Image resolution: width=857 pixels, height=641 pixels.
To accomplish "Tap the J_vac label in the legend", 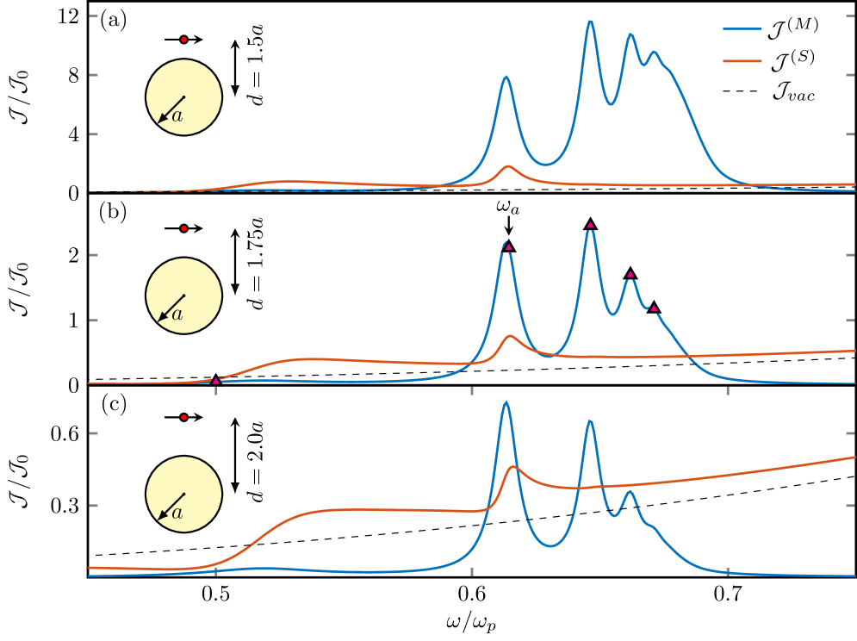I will pos(792,91).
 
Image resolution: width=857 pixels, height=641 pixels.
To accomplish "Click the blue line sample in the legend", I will pos(742,28).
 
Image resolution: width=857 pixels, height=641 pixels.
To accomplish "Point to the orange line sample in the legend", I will pos(742,60).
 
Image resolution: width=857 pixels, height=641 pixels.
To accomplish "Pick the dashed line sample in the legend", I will pos(742,91).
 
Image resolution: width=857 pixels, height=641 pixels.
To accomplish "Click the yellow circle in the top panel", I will pos(183,96).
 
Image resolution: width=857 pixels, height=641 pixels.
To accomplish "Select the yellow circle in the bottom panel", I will pos(183,494).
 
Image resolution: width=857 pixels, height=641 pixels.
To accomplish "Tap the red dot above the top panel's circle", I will pos(183,40).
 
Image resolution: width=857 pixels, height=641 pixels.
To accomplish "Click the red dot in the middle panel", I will pos(183,228).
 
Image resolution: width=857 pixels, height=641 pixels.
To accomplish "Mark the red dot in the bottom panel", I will pos(183,417).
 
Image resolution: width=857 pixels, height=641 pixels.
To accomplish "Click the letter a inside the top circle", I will pos(177,116).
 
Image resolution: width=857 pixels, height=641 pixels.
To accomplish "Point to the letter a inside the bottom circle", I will pos(177,513).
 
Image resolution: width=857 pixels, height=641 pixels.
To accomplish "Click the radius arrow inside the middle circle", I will pos(171,308).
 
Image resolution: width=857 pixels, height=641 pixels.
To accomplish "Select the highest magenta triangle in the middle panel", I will pos(590,225).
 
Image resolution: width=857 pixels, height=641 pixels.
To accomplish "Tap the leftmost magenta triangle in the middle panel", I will pos(215,380).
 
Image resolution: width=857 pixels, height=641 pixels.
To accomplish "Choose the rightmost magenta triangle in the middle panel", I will pos(654,308).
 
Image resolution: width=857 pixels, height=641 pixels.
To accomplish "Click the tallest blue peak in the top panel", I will pos(590,21).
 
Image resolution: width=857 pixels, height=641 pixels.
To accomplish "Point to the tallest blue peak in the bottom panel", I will pos(505,402).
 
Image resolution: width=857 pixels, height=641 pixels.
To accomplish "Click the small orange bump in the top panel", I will pos(507,166).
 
